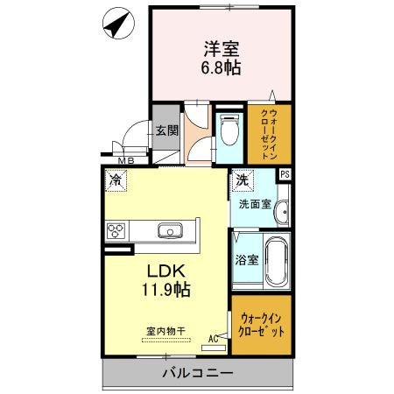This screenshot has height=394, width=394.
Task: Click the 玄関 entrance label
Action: coord(166,130)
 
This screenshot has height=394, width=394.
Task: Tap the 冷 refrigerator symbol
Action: coord(115,181)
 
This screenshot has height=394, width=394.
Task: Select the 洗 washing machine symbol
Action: coord(242,181)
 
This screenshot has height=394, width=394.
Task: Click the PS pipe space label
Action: coord(284,174)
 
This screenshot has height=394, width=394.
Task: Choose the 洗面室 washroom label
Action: coord(256,204)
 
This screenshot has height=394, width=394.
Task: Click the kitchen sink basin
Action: coord(169,230)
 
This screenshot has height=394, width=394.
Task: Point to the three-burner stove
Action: coord(117,231)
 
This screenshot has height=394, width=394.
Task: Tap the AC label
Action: coord(214,338)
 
